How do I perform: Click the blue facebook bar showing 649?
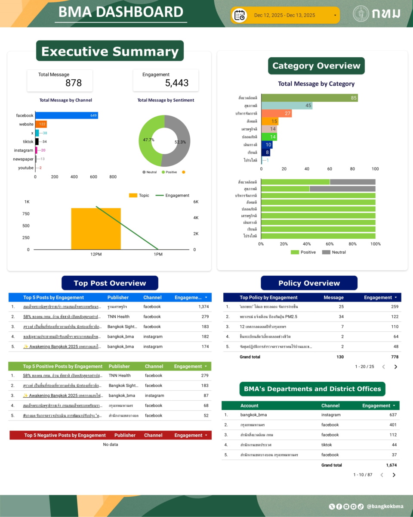[x=66, y=115]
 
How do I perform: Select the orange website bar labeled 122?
[x=41, y=124]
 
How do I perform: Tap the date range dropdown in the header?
[x=285, y=16]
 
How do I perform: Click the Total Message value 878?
[x=74, y=83]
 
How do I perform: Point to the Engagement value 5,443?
[x=177, y=83]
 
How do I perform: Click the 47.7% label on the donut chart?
[x=149, y=140]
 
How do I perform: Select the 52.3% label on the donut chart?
[x=181, y=142]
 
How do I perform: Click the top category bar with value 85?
[x=309, y=98]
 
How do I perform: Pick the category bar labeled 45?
[x=287, y=106]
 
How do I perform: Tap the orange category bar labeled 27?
[x=276, y=113]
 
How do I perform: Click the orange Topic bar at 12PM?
[x=96, y=228]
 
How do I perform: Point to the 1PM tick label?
[x=158, y=255]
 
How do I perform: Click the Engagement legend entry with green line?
[x=173, y=196]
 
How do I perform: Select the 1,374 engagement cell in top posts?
[x=203, y=307]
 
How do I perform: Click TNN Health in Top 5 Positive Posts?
[x=120, y=376]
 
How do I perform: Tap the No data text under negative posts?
[x=111, y=445]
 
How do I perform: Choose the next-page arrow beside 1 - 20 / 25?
[x=396, y=367]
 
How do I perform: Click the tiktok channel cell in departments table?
[x=327, y=445]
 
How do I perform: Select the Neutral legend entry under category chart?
[x=334, y=252]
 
